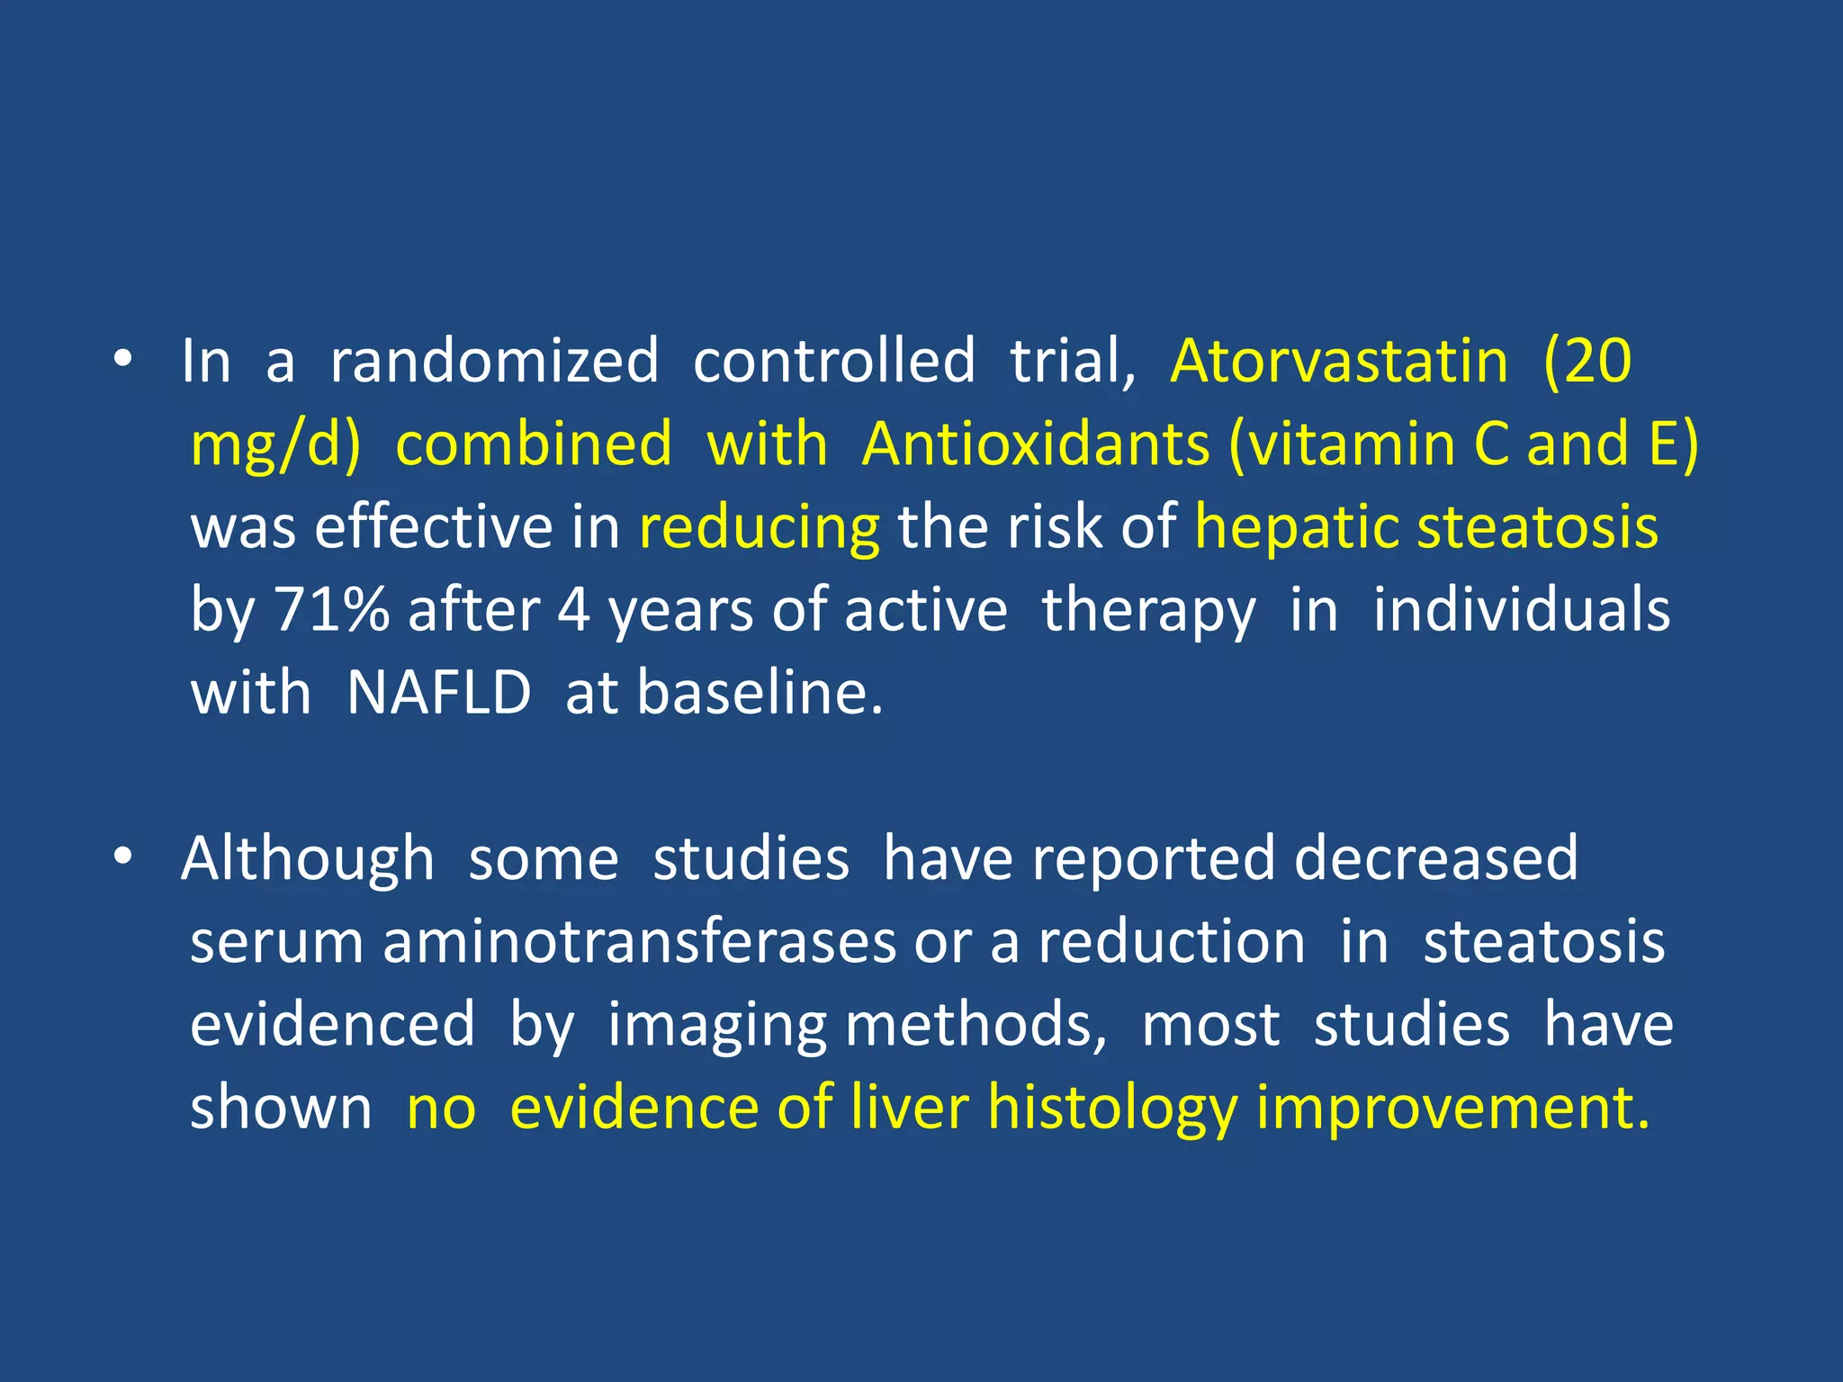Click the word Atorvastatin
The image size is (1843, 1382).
coord(1339,362)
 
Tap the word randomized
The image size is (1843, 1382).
coord(494,362)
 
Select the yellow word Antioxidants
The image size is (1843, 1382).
coord(1036,444)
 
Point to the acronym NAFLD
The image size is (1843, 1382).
coord(439,693)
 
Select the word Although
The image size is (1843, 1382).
coord(308,859)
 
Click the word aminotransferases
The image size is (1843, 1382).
coord(639,942)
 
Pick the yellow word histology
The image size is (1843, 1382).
coord(1112,1108)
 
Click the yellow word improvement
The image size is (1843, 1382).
coord(1452,1108)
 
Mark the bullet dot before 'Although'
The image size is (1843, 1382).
coord(123,858)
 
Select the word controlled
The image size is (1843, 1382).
coord(834,362)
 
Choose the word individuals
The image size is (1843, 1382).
coord(1521,610)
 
